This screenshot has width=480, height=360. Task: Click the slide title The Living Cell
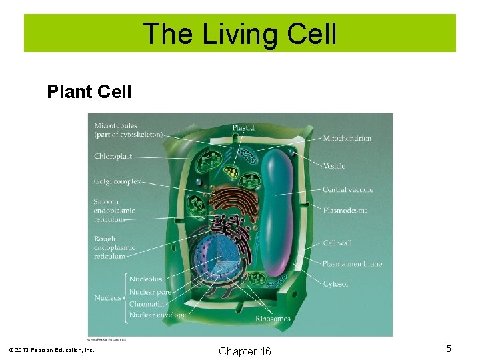(x=240, y=34)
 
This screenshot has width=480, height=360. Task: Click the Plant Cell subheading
(x=89, y=91)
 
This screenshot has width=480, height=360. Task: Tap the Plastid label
(x=247, y=127)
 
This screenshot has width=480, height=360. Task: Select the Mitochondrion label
(x=347, y=138)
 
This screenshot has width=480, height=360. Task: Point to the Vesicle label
(x=335, y=165)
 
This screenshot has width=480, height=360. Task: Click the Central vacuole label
(x=347, y=189)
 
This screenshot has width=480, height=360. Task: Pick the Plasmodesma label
(x=345, y=211)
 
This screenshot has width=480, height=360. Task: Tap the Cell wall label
(x=337, y=243)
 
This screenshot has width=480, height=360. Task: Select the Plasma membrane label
(x=351, y=264)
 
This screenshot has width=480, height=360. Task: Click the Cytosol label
(x=335, y=284)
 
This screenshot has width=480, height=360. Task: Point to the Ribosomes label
(x=273, y=319)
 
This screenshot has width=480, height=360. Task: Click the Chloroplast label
(x=113, y=157)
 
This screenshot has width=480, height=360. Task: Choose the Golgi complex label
(x=117, y=181)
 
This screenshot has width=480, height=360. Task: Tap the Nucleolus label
(x=145, y=279)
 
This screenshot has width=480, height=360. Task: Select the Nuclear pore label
(x=150, y=291)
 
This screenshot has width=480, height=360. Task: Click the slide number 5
(x=449, y=349)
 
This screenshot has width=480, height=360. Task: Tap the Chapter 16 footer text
(x=245, y=351)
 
